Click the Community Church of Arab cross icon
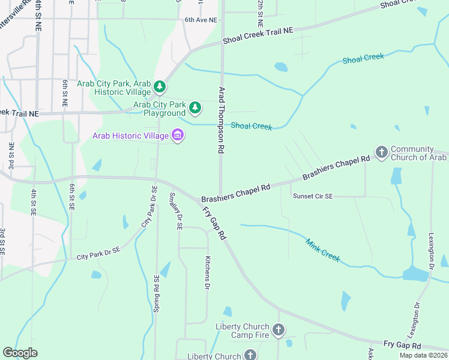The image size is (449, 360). [381, 153]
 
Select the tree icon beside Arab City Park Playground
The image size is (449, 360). [195, 108]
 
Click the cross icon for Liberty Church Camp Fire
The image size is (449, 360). [278, 330]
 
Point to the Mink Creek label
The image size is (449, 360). [323, 250]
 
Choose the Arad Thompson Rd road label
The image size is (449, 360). [221, 121]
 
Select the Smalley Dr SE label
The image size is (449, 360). [176, 211]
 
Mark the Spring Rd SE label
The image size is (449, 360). [157, 295]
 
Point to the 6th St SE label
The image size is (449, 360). [71, 196]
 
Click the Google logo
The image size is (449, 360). [20, 352]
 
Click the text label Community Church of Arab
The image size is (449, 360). [419, 153]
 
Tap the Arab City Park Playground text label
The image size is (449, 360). [159, 109]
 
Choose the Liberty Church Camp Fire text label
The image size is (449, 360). [243, 331]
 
